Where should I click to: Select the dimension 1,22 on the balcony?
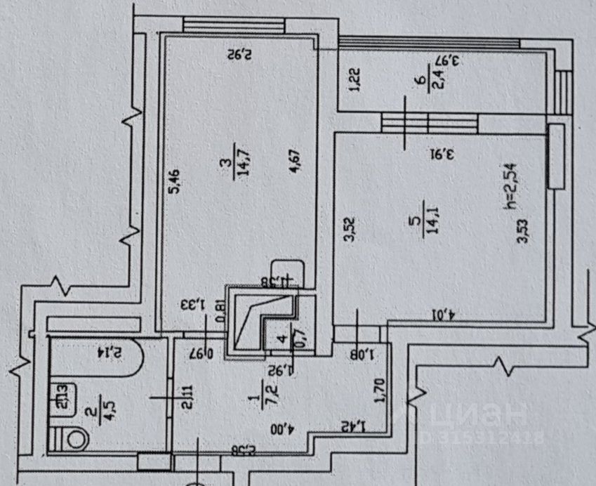click(x=355, y=79)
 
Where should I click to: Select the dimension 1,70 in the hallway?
click(x=382, y=390)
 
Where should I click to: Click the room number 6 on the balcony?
click(x=419, y=83)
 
